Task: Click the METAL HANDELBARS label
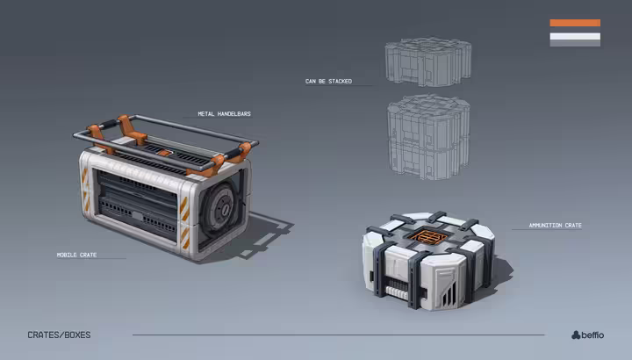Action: click(x=224, y=113)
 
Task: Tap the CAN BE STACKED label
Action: click(x=328, y=81)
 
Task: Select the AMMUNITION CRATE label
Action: click(x=555, y=226)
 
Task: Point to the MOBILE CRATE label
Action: click(x=76, y=255)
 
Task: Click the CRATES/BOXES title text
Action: click(x=60, y=335)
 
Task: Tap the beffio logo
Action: click(x=587, y=335)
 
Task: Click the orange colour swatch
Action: click(x=575, y=23)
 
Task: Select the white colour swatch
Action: click(x=575, y=36)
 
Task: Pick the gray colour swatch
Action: click(x=575, y=43)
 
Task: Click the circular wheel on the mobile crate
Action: click(x=221, y=207)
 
